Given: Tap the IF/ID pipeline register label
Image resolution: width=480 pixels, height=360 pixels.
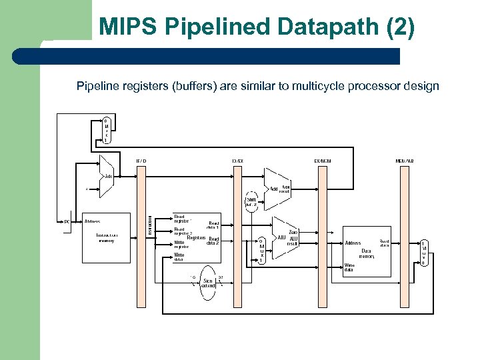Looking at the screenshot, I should tap(141, 161).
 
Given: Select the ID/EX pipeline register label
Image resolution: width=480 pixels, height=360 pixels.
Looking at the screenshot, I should tap(237, 161).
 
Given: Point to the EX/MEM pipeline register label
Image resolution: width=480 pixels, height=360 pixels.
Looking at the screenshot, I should tap(323, 161).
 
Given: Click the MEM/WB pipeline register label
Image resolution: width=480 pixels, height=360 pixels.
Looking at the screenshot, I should tap(404, 161).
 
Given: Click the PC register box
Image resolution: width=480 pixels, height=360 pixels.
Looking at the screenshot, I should tap(67, 221).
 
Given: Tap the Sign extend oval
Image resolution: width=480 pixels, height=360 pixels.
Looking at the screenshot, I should tap(207, 283).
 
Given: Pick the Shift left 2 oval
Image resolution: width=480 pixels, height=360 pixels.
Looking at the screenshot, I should tap(251, 202).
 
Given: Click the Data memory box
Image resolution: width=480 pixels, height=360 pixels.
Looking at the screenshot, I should tap(367, 251).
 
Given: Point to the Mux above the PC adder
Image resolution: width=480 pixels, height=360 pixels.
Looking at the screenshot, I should tap(106, 131).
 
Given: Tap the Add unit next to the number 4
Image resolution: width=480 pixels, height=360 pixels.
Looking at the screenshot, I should tap(105, 177).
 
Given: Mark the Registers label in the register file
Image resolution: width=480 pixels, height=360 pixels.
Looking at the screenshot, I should tap(196, 238).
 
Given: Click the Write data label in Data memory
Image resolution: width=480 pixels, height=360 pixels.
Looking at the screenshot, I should tap(349, 268).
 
